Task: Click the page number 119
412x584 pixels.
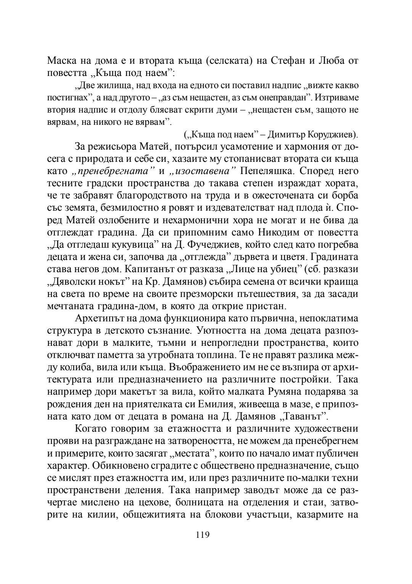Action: point(203,534)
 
